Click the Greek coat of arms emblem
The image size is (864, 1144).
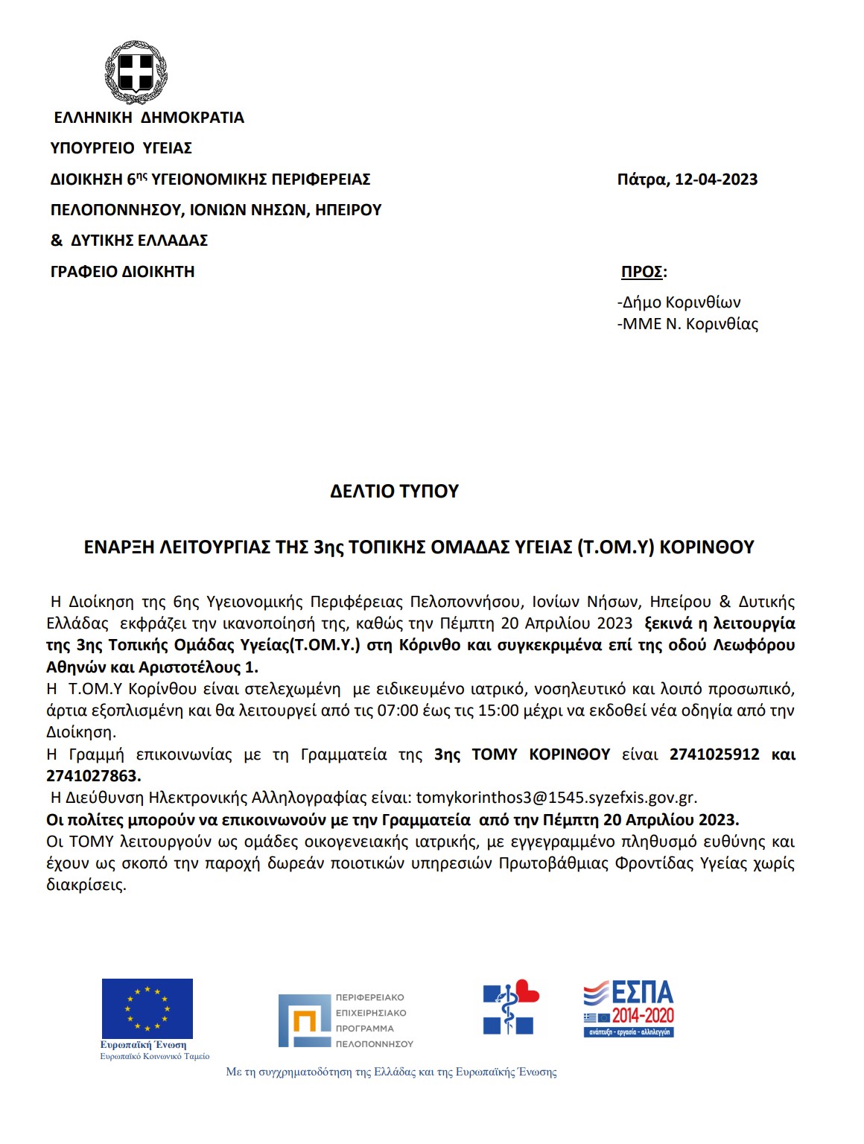click(136, 72)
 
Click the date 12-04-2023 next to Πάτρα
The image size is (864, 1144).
click(716, 179)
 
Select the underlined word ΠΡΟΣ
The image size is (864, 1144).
click(642, 272)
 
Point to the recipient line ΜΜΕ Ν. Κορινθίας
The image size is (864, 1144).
click(689, 324)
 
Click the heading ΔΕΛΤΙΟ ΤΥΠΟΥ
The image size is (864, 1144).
click(394, 492)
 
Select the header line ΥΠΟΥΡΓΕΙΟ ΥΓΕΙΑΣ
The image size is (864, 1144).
click(121, 148)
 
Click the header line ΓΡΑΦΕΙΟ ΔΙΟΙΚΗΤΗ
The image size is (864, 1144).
click(123, 272)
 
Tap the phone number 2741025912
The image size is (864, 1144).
click(714, 754)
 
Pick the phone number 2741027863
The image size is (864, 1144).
click(93, 776)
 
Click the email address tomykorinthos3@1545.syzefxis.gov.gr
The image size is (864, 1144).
click(556, 798)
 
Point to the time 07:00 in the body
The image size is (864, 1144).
click(398, 711)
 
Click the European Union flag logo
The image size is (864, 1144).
click(147, 1008)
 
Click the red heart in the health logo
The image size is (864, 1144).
click(527, 991)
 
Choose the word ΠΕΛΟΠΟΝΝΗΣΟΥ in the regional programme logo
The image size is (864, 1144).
click(374, 1044)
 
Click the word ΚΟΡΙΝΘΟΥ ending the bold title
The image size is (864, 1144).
click(707, 547)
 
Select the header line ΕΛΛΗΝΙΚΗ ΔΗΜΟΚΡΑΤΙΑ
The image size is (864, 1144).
click(149, 118)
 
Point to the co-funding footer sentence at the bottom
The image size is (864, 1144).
click(391, 1072)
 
